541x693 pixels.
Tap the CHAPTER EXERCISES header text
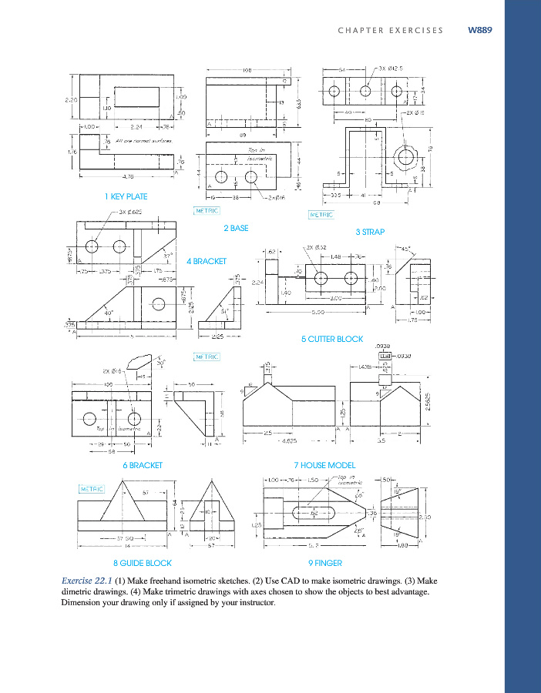coord(391,31)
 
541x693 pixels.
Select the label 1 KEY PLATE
coord(126,196)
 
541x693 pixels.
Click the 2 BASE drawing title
coord(236,228)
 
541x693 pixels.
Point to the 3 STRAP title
coord(370,232)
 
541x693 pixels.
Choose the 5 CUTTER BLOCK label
coord(332,339)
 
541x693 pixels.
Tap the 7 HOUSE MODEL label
coord(325,465)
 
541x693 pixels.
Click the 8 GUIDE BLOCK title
coord(146,563)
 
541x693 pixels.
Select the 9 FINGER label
coord(325,563)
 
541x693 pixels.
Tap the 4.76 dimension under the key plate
coord(107,176)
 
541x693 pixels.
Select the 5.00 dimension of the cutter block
coord(318,312)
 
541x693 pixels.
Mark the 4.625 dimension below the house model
coord(291,441)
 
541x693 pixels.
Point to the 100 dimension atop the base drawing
coord(247,70)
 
